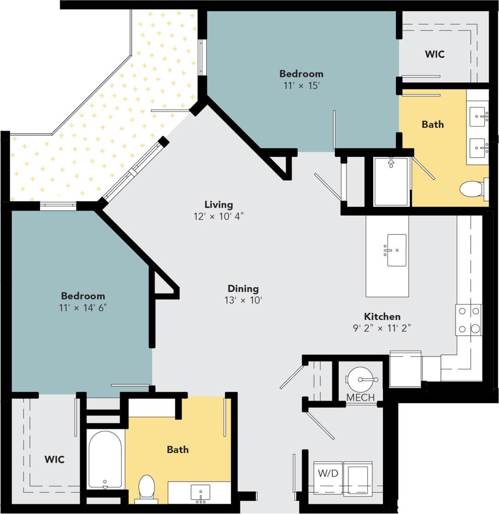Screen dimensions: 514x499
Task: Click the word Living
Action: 219,204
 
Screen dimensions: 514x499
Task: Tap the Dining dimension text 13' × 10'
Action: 243,300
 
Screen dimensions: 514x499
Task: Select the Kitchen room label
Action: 382,316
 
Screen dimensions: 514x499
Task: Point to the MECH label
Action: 360,397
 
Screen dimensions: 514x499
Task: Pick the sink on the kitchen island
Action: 396,250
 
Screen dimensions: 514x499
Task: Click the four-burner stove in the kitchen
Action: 469,320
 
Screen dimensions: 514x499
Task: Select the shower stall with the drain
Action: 391,181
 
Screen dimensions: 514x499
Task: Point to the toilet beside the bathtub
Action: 146,487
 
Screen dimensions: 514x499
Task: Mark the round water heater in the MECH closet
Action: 360,379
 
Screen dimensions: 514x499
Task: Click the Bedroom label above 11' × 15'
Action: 301,74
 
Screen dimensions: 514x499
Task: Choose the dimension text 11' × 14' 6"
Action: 83,307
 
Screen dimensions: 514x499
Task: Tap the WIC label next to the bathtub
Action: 54,459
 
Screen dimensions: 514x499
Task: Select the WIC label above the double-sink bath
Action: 435,54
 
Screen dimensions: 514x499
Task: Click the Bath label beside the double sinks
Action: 433,124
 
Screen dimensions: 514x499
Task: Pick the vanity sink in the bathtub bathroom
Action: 200,492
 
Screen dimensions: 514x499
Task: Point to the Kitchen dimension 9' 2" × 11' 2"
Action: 382,328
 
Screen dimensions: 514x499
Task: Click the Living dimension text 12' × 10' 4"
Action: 219,216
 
